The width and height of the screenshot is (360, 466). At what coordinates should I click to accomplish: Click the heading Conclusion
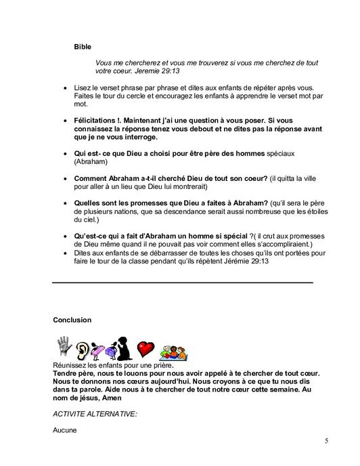[x=72, y=319]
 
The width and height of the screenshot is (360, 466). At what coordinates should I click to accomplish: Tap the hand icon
[x=65, y=347]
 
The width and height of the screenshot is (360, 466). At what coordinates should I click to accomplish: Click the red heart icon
[x=146, y=349]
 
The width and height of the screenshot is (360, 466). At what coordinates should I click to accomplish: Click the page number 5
[x=326, y=441]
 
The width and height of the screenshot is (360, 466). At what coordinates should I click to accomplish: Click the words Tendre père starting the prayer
[x=72, y=373]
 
